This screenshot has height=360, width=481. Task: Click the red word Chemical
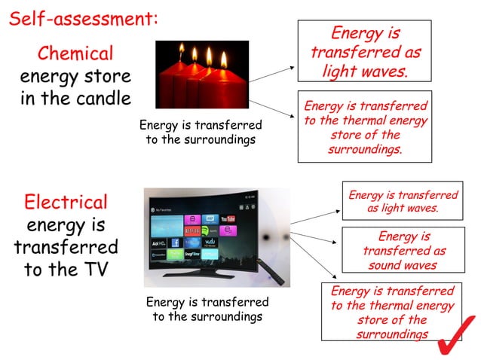[75, 54]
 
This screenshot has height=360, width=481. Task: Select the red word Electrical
[66, 202]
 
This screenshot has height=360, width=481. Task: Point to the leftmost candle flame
[181, 50]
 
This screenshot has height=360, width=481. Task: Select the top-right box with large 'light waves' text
[365, 52]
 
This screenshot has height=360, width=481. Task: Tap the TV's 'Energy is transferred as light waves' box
[403, 201]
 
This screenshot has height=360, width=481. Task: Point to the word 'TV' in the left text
[93, 270]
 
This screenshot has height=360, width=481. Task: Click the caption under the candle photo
[201, 133]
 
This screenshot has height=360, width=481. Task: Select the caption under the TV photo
[207, 310]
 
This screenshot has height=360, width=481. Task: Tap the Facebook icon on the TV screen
[175, 243]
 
